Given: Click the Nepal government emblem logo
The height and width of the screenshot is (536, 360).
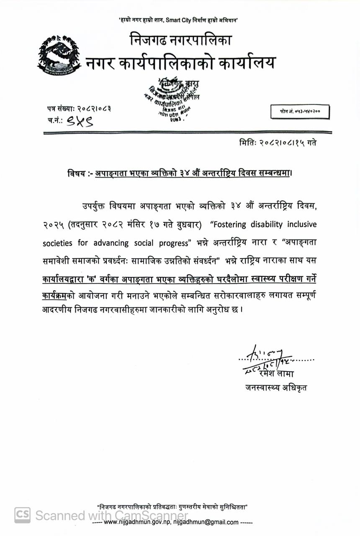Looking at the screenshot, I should [x=59, y=56].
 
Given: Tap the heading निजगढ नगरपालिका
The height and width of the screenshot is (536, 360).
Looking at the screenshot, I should [x=180, y=41].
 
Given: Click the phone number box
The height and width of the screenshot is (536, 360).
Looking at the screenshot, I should [x=300, y=112].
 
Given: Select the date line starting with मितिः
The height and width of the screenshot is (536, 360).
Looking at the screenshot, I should [x=276, y=143].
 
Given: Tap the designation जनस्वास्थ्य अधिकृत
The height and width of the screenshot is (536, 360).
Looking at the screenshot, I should [x=276, y=388].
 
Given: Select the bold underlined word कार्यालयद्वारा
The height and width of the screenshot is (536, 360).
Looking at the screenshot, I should [x=67, y=278].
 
